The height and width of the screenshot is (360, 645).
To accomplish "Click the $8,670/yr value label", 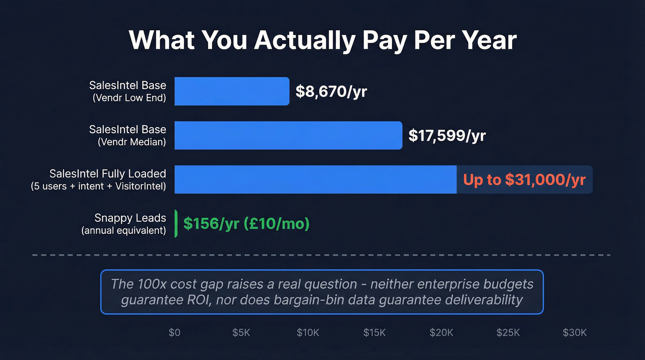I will tap(331, 92).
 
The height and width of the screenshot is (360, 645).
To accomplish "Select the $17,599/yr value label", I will tap(447, 136).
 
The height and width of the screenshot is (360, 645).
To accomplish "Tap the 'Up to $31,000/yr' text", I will tap(524, 179).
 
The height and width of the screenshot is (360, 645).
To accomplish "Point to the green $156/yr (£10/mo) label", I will tap(246, 224).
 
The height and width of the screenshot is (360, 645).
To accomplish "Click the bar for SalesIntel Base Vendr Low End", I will tap(232, 91).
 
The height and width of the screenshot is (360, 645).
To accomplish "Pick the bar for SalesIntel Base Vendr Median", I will tap(288, 136).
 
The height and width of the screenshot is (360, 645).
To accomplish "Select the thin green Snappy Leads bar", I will tap(176, 224).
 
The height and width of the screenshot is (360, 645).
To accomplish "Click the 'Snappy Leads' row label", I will tap(130, 218).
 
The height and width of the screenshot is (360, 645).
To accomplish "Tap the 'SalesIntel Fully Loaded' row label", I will tap(108, 174).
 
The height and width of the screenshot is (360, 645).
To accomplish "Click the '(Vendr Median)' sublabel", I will tap(132, 142).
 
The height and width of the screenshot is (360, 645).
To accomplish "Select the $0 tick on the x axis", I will tap(175, 333).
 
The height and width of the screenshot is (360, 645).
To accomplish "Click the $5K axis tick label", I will tap(241, 333).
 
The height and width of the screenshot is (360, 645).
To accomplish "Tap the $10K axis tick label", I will tap(308, 333).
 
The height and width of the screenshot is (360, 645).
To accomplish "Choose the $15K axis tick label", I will tap(375, 333).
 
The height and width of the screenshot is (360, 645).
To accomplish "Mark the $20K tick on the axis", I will tap(441, 333).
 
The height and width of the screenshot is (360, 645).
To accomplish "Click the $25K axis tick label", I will tap(508, 333).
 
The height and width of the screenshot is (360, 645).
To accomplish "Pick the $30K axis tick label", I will tap(575, 333).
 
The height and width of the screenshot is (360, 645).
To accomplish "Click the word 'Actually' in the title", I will tap(305, 41).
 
